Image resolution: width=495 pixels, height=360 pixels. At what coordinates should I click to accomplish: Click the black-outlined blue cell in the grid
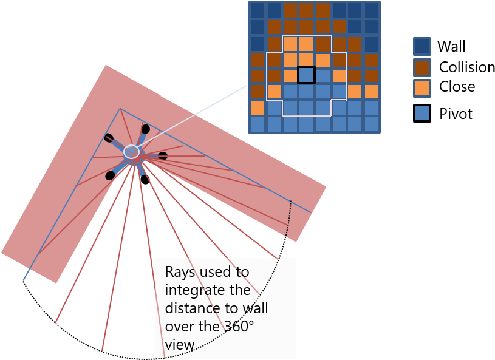306,75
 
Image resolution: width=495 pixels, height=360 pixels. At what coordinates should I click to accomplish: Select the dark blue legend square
422,47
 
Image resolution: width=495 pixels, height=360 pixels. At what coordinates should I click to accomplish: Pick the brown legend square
422,67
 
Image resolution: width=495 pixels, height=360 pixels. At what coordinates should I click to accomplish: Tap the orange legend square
422,88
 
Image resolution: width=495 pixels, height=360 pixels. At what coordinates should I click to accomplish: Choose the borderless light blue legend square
422,113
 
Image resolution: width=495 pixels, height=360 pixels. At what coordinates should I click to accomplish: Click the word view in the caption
179,344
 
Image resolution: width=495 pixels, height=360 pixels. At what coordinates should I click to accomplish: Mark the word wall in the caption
253,308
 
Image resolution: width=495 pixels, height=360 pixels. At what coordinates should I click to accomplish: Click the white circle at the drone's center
131,151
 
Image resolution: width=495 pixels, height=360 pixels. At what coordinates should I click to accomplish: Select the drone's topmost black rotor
146,129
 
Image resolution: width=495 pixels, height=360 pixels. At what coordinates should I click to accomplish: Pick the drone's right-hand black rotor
163,156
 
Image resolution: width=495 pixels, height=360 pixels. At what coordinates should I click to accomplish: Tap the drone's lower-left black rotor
110,175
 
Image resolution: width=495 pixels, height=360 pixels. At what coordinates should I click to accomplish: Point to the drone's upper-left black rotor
109,138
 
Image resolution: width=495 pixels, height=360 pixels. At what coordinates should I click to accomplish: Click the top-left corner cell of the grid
258,10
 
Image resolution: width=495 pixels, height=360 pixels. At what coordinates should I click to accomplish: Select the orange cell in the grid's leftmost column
258,107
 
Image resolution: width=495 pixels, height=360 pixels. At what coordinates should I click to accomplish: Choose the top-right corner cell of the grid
371,10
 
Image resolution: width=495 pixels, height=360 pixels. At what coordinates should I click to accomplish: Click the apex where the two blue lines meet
120,109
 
